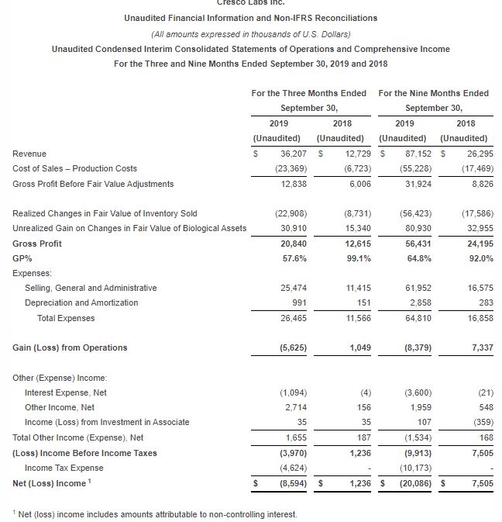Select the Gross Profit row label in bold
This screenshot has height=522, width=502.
point(38,243)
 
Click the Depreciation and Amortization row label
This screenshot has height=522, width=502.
point(81,302)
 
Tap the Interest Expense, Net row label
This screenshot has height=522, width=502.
point(66,392)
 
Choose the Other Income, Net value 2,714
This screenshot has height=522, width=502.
point(287,407)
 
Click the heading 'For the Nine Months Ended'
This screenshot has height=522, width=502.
point(433,93)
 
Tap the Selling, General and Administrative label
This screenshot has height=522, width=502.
point(91,288)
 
